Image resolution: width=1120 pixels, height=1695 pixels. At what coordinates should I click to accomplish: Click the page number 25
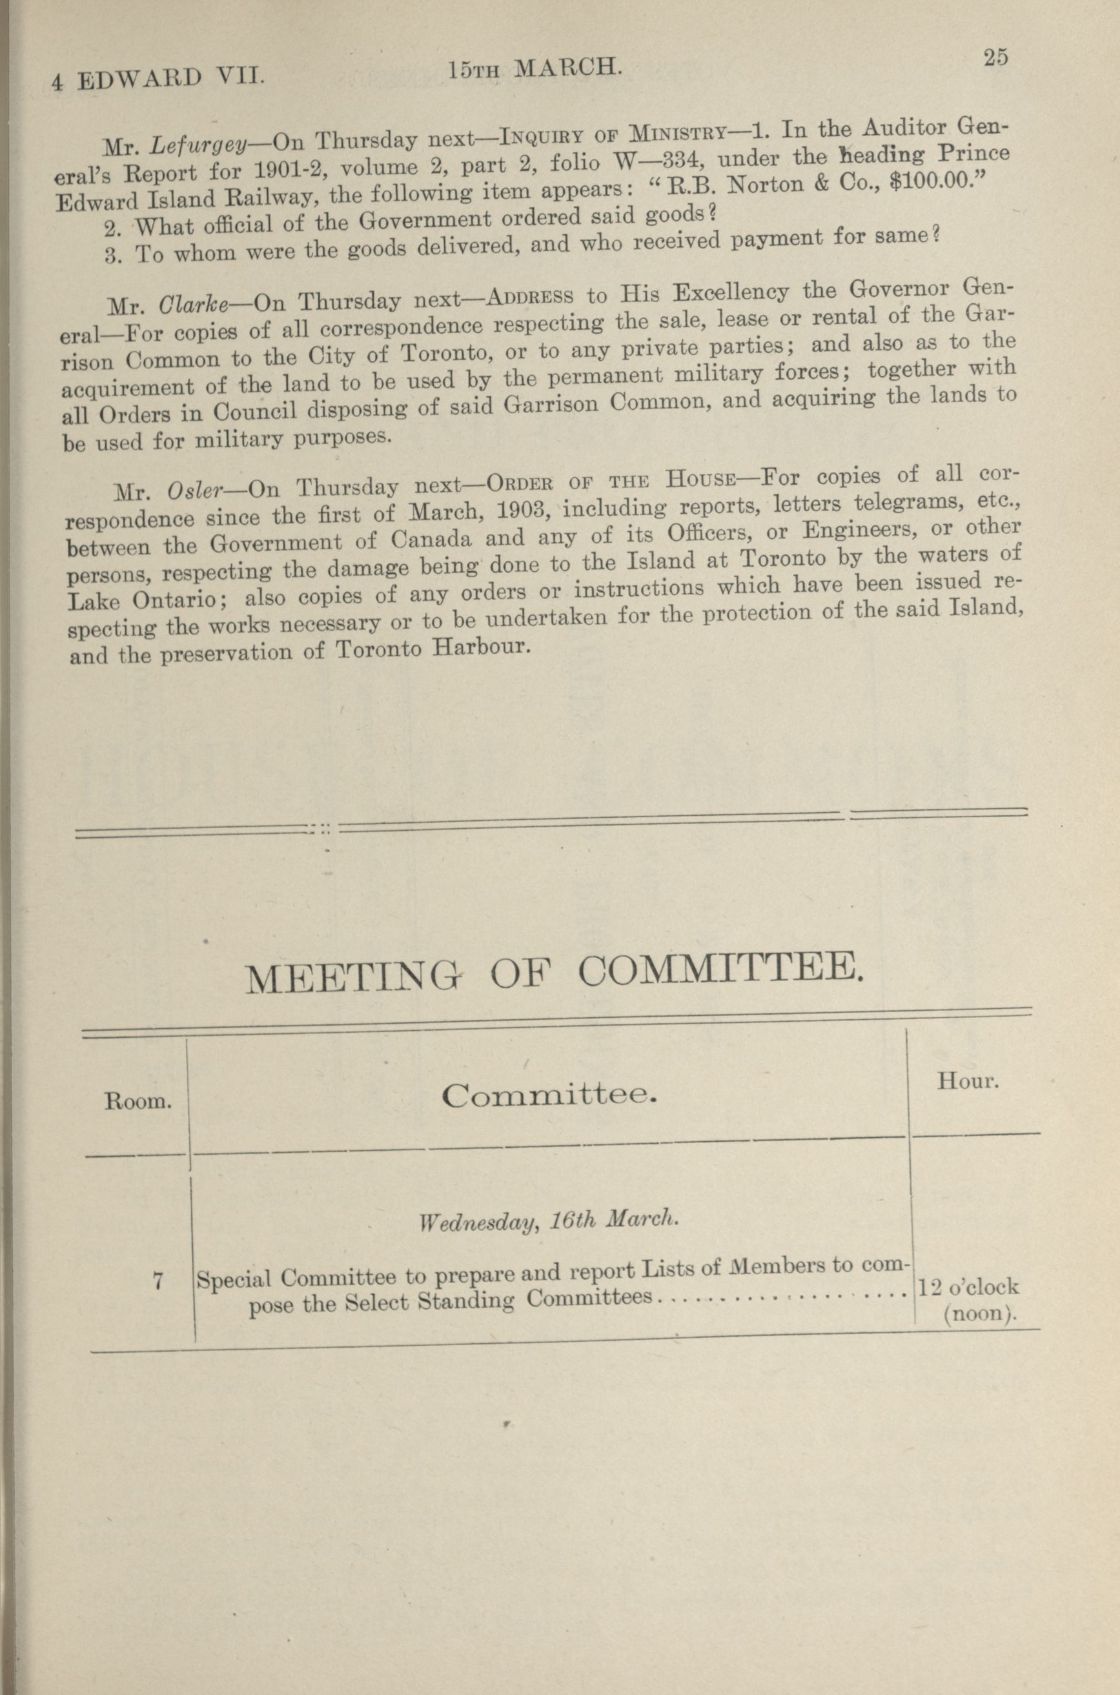[x=994, y=58]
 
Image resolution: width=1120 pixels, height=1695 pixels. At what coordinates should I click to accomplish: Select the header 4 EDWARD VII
[x=158, y=78]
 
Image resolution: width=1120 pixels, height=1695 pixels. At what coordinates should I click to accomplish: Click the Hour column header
[x=968, y=1082]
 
